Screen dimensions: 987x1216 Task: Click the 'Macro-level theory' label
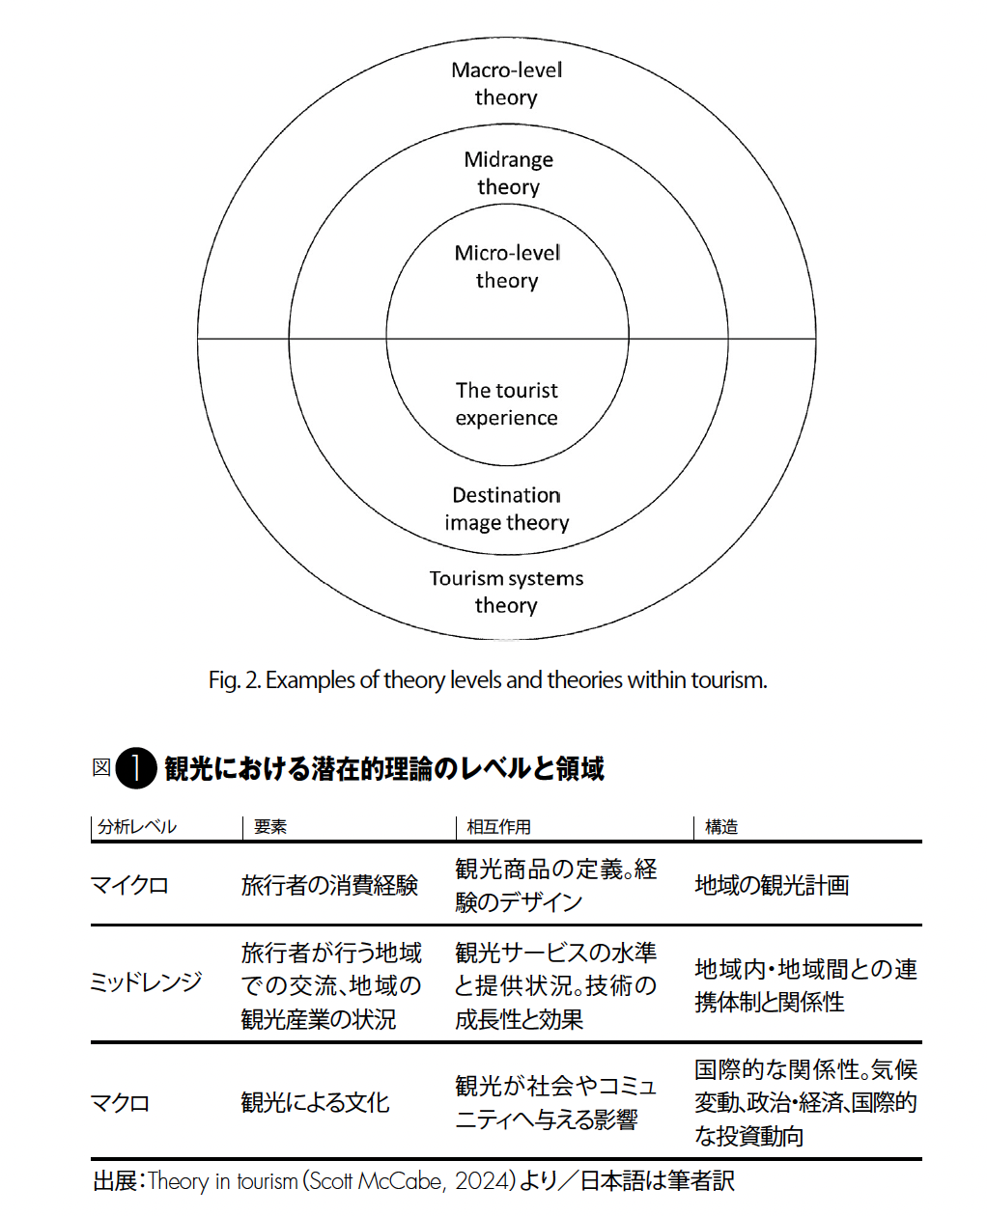[x=506, y=83]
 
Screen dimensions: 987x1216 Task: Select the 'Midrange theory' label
[x=508, y=173]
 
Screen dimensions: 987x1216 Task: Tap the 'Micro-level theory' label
[x=507, y=266]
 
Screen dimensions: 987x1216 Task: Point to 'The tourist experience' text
[x=507, y=403]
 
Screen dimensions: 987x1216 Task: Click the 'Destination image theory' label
[x=507, y=508]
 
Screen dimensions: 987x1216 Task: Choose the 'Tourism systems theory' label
[x=507, y=592]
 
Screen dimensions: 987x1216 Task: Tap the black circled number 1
[x=136, y=768]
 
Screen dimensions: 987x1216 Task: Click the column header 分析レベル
[x=137, y=827]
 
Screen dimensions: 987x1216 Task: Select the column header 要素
[x=270, y=827]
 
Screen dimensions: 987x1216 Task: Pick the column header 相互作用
[x=498, y=827]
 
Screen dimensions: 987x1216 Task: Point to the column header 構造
[x=720, y=827]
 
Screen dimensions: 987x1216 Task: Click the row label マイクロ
[x=129, y=885]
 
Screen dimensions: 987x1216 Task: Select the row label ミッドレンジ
[x=146, y=981]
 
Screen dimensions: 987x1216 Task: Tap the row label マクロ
[x=120, y=1103]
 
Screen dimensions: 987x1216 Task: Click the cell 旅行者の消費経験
[x=329, y=885]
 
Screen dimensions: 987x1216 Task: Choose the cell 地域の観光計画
[x=772, y=885]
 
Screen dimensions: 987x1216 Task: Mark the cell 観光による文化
[x=315, y=1103]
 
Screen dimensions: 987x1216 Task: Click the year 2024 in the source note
[x=482, y=1182]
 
